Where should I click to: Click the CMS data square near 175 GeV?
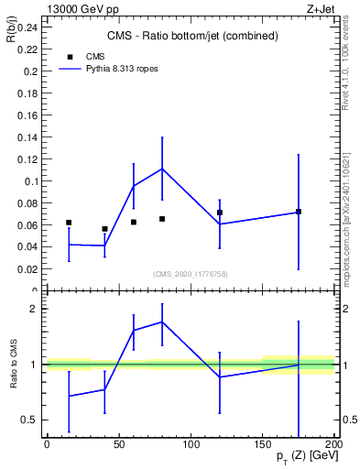299,212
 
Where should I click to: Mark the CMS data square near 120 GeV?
220,213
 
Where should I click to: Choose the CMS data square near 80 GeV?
162,219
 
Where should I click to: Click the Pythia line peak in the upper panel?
162,169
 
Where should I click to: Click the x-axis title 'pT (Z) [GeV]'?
304,456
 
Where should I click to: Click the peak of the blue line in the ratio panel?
162,322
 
